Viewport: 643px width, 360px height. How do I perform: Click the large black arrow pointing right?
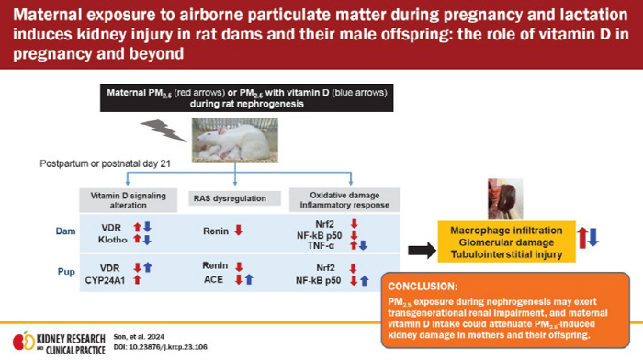point(419,250)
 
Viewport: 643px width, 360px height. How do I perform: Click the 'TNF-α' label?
point(319,246)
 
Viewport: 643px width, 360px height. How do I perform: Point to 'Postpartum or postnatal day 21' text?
point(96,163)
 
